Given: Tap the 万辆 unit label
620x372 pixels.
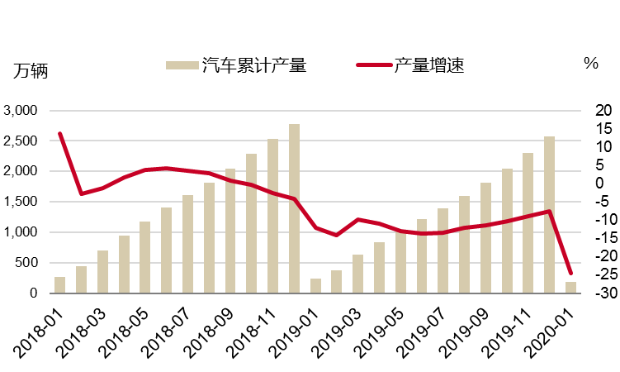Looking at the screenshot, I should pos(31,70).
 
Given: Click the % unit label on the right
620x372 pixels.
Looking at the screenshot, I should pos(590,64).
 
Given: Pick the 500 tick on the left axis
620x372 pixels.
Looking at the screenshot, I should pos(27,263).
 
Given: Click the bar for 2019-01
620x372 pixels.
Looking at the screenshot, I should pos(315,286).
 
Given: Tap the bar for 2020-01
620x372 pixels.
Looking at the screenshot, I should pos(570,288).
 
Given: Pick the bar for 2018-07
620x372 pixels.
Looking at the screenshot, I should pos(187,245).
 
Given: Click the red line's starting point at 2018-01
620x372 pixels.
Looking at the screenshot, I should pos(60,133).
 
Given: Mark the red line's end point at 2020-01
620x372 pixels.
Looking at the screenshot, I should pos(570,274).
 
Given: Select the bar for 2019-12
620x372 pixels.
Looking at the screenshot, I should pos(549,215).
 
